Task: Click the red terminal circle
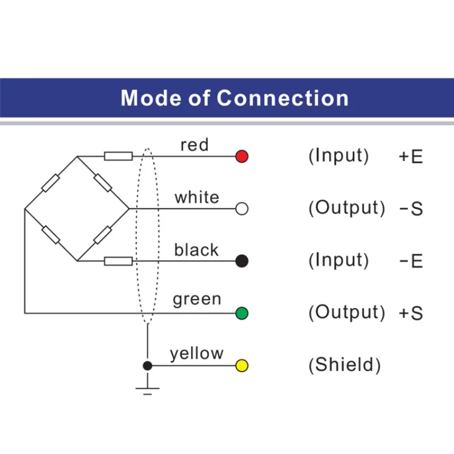[x=242, y=156]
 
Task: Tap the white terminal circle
[x=242, y=209]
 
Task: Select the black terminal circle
[x=242, y=260]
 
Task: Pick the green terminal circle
[x=242, y=313]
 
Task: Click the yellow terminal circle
[x=242, y=365]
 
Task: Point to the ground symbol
[x=147, y=388]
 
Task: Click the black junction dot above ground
[x=147, y=365]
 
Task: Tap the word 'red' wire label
[x=195, y=145]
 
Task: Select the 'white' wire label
[x=196, y=197]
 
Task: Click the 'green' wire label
[x=197, y=299]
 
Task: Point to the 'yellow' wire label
[x=196, y=354]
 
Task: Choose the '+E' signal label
[x=411, y=157]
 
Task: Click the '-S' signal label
[x=411, y=209]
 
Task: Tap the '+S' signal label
[x=411, y=313]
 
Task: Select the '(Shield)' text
[x=344, y=365]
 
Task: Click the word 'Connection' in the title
[x=283, y=98]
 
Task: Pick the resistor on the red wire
[x=118, y=156]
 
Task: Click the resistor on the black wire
[x=118, y=260]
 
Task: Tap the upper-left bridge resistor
[x=51, y=183]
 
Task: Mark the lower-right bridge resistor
[x=103, y=234]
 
